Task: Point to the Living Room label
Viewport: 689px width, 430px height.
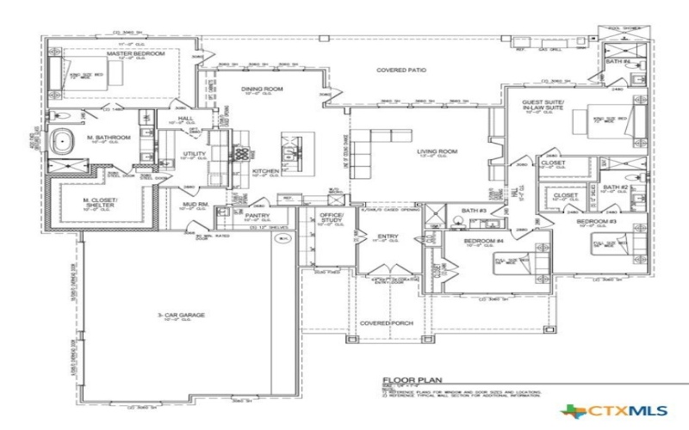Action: pos(437,151)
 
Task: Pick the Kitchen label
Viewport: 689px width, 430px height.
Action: pos(265,171)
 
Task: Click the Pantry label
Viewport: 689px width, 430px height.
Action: pos(258,215)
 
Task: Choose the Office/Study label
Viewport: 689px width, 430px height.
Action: pos(332,217)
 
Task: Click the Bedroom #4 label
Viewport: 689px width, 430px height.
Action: pos(483,241)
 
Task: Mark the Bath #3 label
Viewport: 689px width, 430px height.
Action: pos(473,211)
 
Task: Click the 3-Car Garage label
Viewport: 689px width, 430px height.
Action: pos(181,316)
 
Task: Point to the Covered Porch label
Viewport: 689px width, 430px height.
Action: pos(388,323)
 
